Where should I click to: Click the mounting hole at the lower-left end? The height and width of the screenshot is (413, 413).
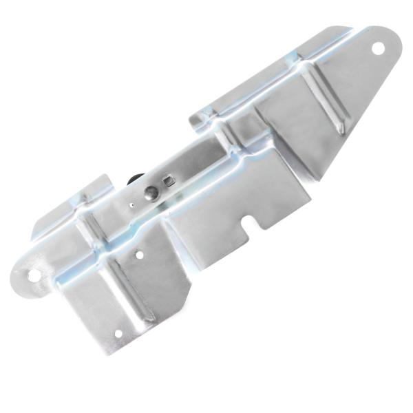tap(33, 276)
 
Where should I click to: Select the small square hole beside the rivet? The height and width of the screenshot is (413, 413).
tap(168, 182)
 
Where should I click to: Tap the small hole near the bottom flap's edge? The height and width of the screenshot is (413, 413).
tap(118, 335)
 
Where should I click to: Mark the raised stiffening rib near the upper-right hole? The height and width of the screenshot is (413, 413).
tap(329, 103)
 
